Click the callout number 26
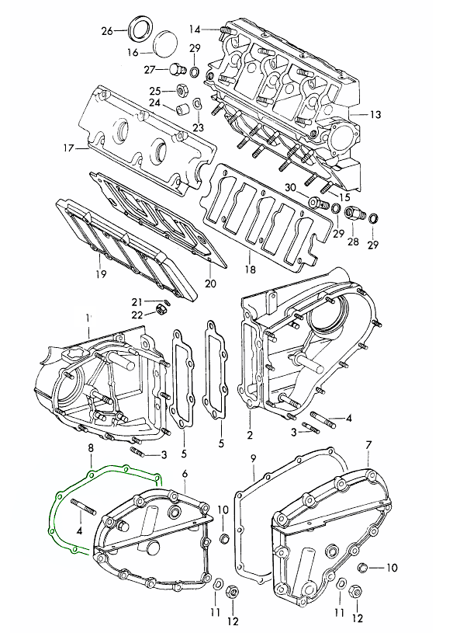(x=107, y=31)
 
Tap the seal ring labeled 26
(x=140, y=28)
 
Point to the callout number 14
(x=195, y=29)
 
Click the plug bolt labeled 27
(x=177, y=69)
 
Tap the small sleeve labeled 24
(x=182, y=109)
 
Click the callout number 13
(x=375, y=115)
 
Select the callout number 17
(x=69, y=148)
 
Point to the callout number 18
(x=251, y=270)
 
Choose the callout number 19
(x=101, y=274)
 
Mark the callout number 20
(x=210, y=283)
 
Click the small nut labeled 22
(x=161, y=311)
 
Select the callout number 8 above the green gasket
(x=91, y=447)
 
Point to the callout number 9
(x=253, y=458)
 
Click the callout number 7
(x=368, y=445)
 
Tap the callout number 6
(x=185, y=473)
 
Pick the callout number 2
(x=250, y=435)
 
